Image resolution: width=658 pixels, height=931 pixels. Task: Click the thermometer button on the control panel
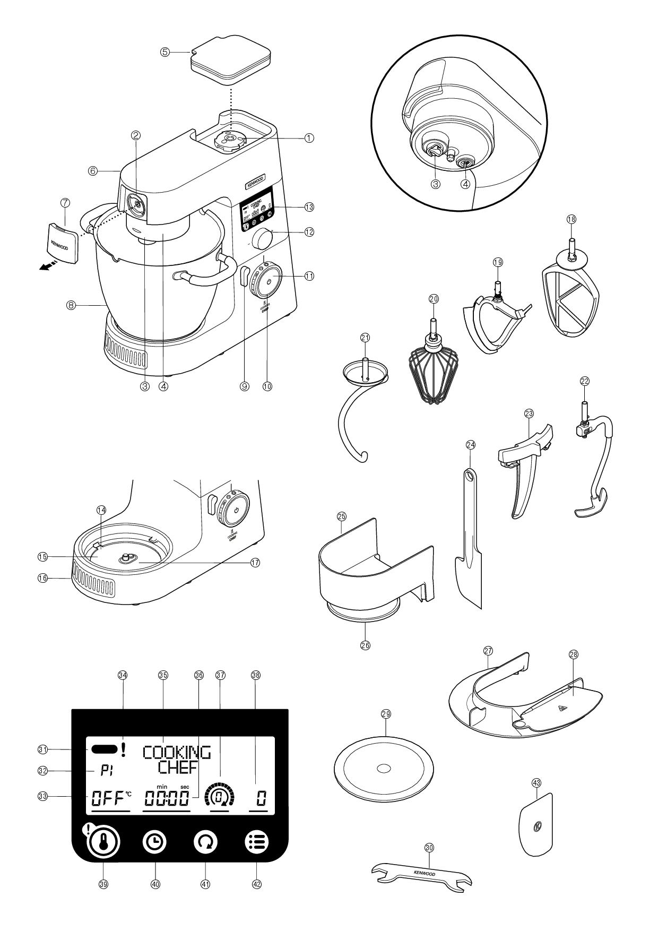point(104,842)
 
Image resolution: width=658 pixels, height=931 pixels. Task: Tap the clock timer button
point(154,842)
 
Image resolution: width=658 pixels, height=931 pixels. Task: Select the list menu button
point(257,842)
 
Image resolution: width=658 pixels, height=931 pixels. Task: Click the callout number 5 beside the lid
point(166,53)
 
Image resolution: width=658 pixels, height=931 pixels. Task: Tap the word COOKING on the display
point(177,752)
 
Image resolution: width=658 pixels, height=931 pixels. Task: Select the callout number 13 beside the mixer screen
point(309,206)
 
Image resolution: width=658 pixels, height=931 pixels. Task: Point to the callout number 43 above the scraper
point(536,782)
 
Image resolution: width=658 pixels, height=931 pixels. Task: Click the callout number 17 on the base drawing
point(255,563)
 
